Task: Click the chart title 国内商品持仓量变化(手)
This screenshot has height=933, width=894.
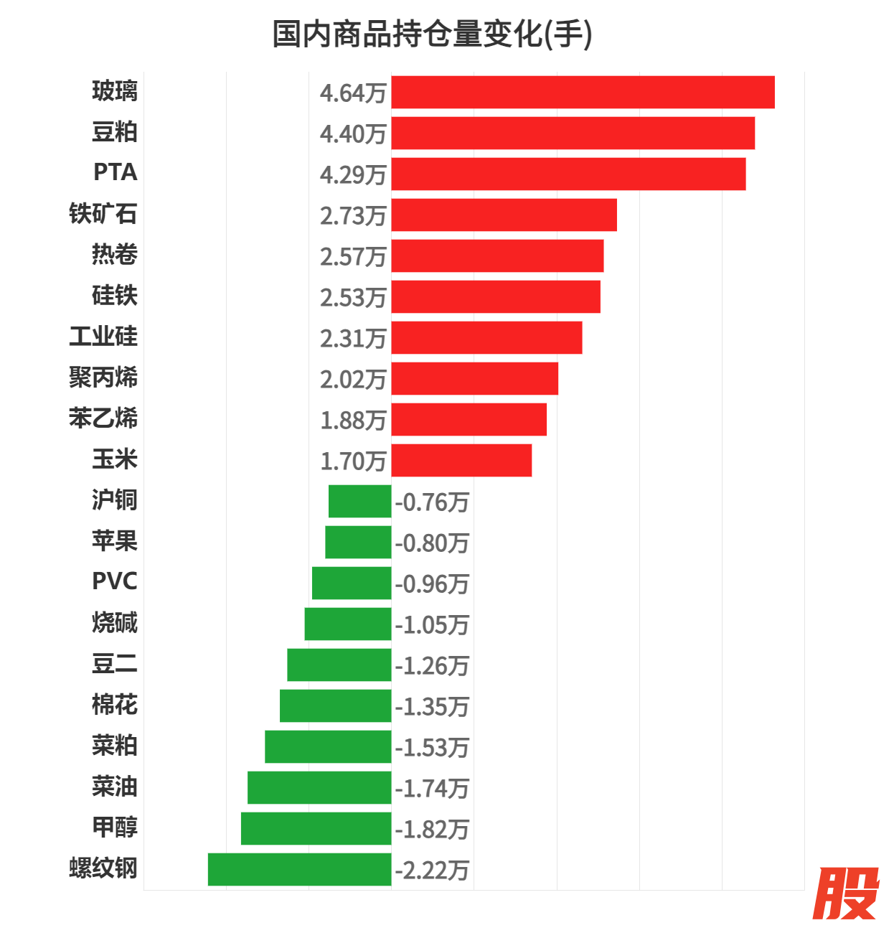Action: coord(432,34)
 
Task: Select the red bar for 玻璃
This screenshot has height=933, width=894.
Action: coord(583,93)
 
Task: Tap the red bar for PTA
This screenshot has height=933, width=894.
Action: coord(568,174)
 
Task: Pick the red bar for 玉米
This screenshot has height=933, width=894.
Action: coord(461,461)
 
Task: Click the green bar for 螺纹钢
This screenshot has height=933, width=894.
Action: coord(299,870)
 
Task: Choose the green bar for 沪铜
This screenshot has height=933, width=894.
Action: coord(359,502)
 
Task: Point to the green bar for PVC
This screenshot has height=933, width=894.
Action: coord(352,583)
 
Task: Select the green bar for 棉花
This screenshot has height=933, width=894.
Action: coord(335,706)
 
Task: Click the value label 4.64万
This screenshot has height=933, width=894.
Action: coord(353,93)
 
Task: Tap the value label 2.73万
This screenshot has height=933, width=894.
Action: coord(353,216)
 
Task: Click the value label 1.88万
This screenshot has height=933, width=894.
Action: coord(353,421)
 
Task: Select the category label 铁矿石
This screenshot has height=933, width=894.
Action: coord(103,214)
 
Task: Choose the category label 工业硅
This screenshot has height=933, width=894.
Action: coord(103,337)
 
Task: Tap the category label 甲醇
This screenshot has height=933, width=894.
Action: coord(114,827)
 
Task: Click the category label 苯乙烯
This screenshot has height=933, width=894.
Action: coord(103,418)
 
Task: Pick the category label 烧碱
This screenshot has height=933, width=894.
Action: coord(114,623)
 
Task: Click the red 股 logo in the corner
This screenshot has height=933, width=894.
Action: coord(847,894)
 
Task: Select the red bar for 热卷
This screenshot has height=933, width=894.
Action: coord(497,256)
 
